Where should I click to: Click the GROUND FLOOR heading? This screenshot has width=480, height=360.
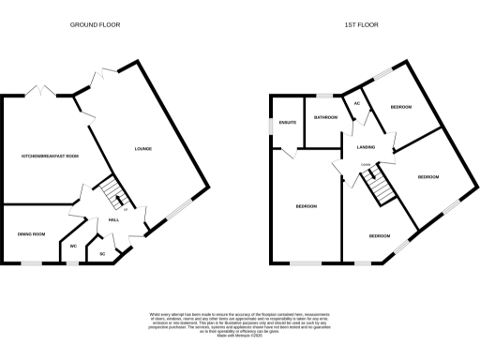click(x=95, y=24)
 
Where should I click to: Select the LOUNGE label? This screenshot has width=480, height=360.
click(x=142, y=149)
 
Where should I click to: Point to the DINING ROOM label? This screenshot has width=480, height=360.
click(x=31, y=233)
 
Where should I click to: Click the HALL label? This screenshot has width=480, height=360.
click(x=112, y=219)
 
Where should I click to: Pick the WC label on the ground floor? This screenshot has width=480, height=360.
click(x=72, y=246)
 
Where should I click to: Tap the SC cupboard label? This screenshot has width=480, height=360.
click(x=102, y=253)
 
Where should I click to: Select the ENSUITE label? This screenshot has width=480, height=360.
click(x=289, y=122)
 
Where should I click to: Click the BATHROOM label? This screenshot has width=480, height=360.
click(x=325, y=118)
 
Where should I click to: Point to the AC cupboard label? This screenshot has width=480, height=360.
click(x=356, y=117)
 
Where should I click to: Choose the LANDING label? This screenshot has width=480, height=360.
click(x=366, y=147)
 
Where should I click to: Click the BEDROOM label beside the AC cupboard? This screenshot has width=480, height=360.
click(x=402, y=109)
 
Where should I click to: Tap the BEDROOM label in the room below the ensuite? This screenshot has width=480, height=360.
click(x=307, y=206)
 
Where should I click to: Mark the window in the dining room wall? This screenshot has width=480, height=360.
click(x=31, y=263)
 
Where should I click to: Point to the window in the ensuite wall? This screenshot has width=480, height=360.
click(x=271, y=123)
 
